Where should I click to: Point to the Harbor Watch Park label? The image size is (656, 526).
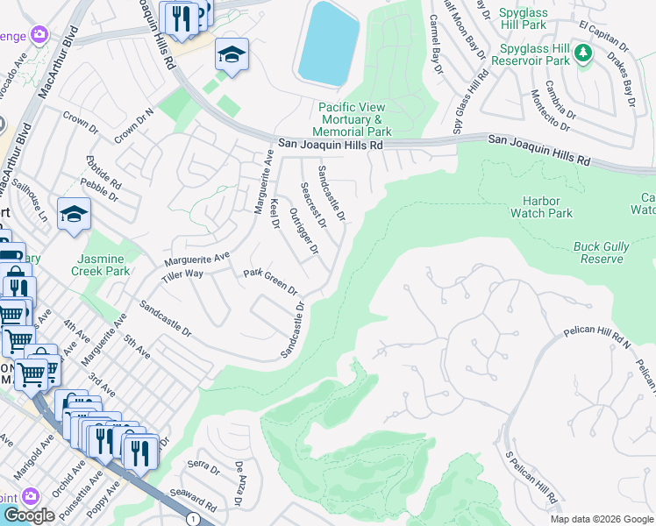(x=547, y=207)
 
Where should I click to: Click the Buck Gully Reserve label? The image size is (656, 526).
(x=602, y=253)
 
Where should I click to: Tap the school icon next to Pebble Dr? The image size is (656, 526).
(x=74, y=214)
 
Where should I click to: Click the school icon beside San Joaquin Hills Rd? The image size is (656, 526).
(x=232, y=54)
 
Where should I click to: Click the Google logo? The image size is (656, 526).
(x=29, y=515)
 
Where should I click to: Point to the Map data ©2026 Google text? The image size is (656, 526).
(x=602, y=519)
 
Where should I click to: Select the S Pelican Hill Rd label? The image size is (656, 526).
(x=531, y=479)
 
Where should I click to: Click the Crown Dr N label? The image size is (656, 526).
(x=133, y=127)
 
